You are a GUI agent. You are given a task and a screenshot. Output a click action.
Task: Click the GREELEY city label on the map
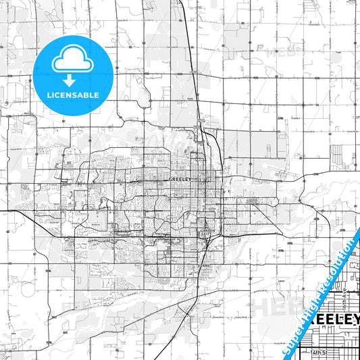[180, 180]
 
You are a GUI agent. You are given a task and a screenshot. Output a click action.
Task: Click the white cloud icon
[74, 60]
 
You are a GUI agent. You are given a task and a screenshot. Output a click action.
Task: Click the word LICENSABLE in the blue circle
[74, 95]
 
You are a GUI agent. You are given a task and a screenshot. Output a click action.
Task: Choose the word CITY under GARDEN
[207, 235]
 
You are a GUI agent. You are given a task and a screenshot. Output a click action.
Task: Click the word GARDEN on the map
[207, 231]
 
